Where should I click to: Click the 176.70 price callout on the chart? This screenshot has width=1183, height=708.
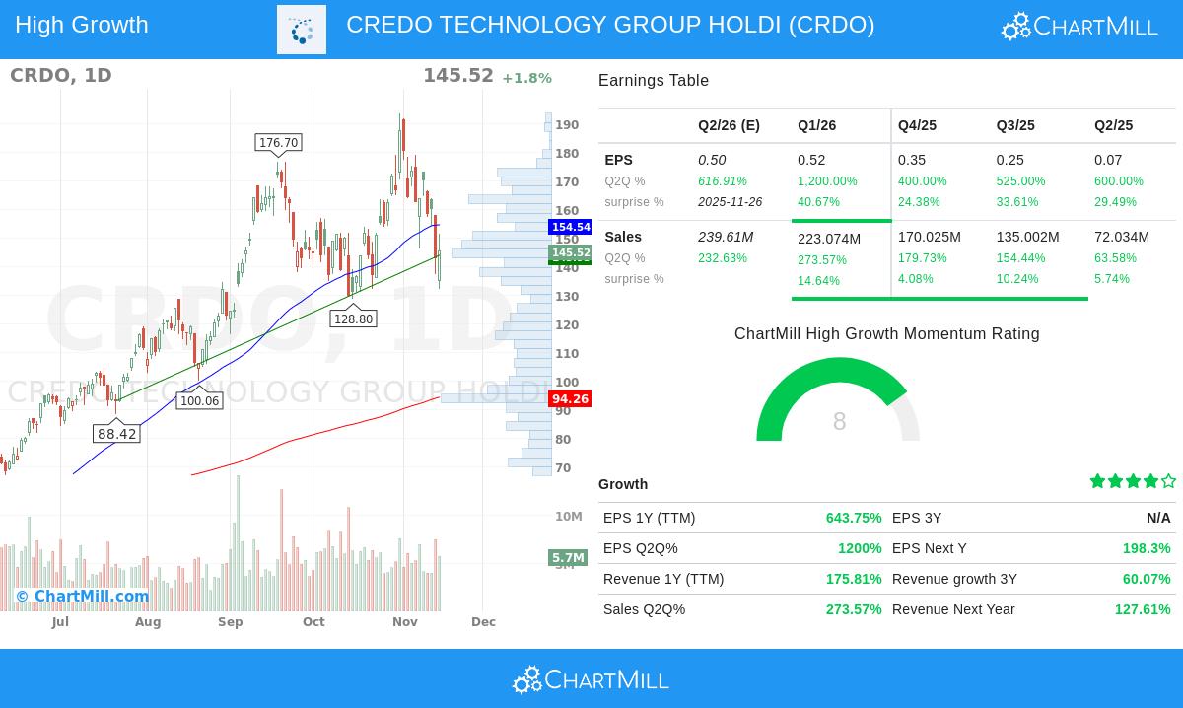(278, 143)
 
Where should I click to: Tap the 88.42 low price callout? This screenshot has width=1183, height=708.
(117, 434)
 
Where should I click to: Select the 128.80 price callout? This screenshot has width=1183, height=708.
(353, 319)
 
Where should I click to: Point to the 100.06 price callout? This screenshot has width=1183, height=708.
(199, 401)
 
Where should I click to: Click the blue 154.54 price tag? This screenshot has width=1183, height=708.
(571, 227)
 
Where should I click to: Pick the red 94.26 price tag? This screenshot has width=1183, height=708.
(570, 399)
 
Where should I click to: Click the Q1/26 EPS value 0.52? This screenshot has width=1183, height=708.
(811, 160)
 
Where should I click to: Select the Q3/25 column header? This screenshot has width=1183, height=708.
(1015, 125)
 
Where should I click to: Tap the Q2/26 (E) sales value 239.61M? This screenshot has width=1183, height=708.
(726, 237)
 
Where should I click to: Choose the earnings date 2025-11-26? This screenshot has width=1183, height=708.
(730, 202)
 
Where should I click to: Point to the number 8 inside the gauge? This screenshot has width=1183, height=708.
(839, 422)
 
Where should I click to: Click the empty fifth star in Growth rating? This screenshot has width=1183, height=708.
(1168, 481)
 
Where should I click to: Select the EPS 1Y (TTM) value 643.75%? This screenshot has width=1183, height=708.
(854, 518)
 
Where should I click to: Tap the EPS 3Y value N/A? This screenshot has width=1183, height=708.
(1158, 518)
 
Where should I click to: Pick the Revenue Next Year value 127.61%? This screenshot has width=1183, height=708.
(1143, 609)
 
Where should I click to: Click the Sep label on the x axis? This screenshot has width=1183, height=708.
(231, 622)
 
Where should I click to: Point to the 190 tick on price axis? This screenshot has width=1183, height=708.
(567, 125)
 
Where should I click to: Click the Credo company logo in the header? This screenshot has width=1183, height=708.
(302, 30)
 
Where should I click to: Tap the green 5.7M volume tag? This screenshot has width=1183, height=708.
(568, 558)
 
